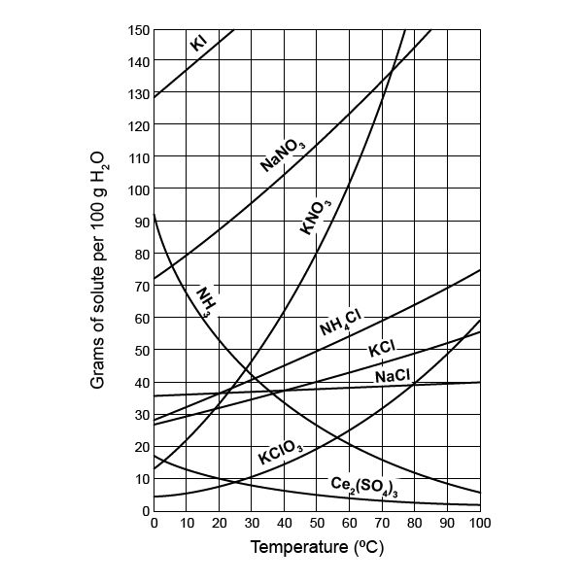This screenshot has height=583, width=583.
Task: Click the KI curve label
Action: pos(198,44)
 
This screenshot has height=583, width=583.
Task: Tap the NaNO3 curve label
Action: pos(284,155)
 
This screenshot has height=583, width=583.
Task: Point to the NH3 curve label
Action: pos(205,300)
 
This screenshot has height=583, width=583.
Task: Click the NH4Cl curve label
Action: pos(341,322)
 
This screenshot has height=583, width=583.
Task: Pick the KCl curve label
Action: pos(382,349)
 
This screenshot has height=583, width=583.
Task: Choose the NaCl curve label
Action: pos(392,374)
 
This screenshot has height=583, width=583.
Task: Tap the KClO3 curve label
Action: pos(281,453)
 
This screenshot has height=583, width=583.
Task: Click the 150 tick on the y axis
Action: pos(138,30)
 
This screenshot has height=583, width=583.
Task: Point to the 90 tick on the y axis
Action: pos(142,223)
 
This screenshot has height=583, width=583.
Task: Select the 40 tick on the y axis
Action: pos(142,383)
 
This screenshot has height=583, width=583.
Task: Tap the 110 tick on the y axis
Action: pos(138,158)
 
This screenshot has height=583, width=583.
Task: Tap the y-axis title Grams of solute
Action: pos(99,270)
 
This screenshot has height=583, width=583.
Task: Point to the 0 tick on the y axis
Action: pos(146,510)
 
